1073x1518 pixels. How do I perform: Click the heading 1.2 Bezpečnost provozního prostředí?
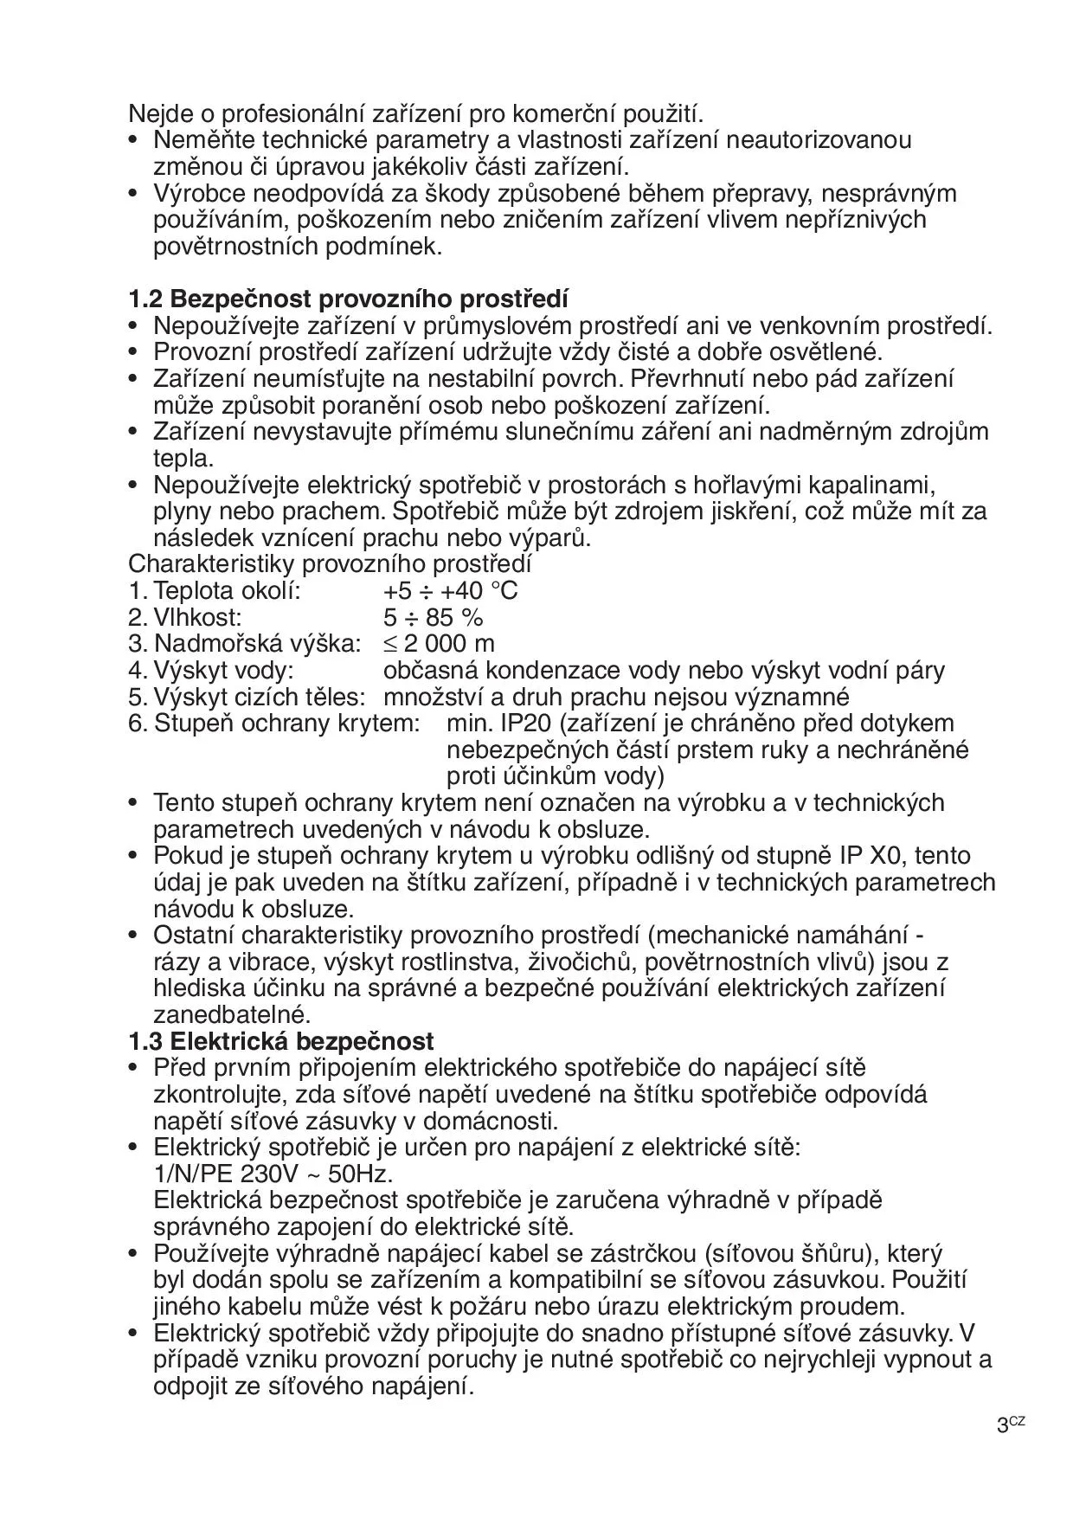pos(348,299)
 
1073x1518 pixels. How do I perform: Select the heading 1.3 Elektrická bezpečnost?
pos(281,1041)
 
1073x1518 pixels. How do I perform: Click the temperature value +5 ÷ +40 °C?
pos(451,591)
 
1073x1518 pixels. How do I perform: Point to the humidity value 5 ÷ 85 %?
pos(433,618)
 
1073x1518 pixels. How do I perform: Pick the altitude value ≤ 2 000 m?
pos(439,644)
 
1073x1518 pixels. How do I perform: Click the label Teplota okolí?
pos(227,591)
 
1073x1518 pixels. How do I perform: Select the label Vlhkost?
pos(197,618)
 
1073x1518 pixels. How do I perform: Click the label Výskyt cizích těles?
pos(259,697)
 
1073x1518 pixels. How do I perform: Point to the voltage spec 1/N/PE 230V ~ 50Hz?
pos(273,1174)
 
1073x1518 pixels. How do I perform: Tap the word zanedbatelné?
pos(231,1014)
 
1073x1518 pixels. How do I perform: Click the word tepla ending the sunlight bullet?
pos(182,459)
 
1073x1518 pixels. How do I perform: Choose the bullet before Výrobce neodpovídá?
pos(133,194)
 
